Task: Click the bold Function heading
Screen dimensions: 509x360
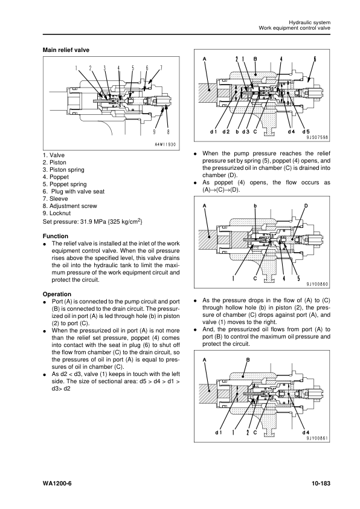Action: [x=56, y=236]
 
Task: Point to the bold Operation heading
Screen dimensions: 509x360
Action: [x=58, y=294]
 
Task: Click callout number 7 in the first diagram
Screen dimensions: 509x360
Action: [x=161, y=67]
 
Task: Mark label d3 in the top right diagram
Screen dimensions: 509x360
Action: [x=247, y=131]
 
